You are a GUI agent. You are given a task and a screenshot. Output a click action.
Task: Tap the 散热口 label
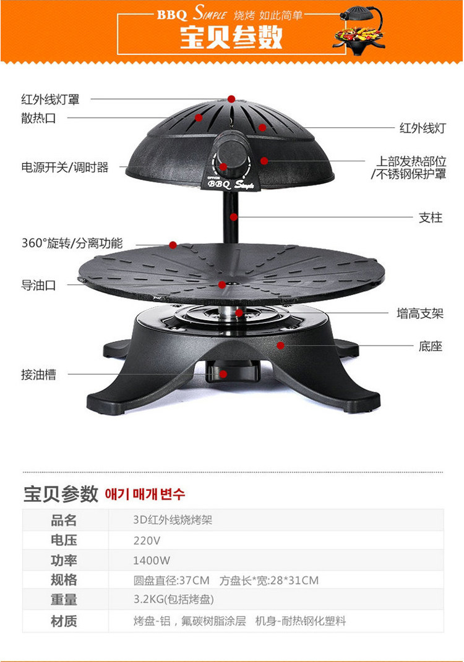38,118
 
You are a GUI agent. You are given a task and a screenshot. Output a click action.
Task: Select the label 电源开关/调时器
65,167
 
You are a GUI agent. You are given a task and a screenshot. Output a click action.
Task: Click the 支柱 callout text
431,218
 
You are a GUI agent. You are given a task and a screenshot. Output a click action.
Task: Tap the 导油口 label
38,286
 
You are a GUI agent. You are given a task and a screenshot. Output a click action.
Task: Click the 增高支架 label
420,313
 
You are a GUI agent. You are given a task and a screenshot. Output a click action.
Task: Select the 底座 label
431,346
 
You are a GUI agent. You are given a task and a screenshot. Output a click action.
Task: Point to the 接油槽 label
38,375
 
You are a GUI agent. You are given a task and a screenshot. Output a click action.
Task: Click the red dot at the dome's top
231,99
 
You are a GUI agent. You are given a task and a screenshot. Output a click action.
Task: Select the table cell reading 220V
147,540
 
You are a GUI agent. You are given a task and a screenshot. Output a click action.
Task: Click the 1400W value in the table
152,561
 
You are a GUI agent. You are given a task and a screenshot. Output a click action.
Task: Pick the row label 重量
64,600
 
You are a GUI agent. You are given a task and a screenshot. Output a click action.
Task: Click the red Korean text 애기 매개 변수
145,494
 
